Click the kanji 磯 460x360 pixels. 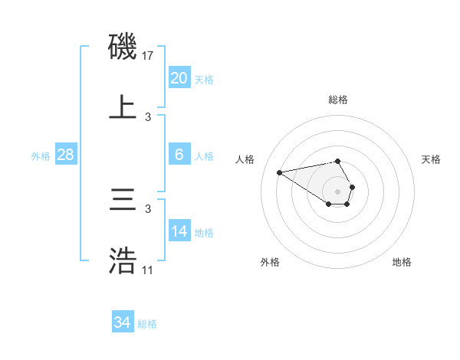coord(123,47)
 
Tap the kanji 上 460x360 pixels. coord(123,107)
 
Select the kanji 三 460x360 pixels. coord(123,201)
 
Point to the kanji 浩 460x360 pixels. coord(123,261)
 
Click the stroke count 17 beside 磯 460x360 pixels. coord(149,56)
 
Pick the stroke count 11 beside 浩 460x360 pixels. coord(148,270)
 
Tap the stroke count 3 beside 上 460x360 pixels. coord(148,117)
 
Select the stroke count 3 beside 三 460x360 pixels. coord(148,208)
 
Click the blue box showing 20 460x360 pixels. coord(179,77)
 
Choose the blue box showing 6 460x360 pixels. coord(179,154)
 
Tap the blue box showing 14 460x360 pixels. coord(179,231)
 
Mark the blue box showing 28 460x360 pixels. coord(66,154)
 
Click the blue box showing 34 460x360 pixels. coord(123,322)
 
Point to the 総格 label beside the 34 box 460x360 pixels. coord(147,324)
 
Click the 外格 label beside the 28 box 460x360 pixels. coord(41,155)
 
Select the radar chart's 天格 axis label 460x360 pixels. coord(432,159)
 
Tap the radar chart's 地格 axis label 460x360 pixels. coord(402,262)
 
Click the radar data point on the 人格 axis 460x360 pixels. coord(279,172)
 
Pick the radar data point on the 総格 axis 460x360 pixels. coord(337,161)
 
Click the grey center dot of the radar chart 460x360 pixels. coord(337,191)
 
